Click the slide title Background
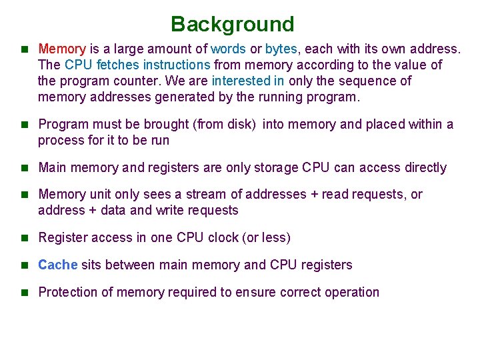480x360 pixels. [x=232, y=25]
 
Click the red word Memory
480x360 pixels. [x=62, y=49]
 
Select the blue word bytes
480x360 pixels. [x=281, y=49]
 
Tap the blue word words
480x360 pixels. [x=228, y=49]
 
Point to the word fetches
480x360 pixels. [x=119, y=65]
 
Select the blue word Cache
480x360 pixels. [x=58, y=265]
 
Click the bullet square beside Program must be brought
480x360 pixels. [x=25, y=125]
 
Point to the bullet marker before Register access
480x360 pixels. [x=25, y=238]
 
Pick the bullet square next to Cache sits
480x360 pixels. [x=25, y=265]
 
